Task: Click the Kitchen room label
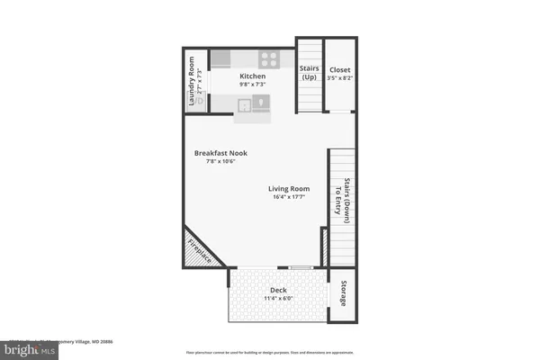[x=252, y=77]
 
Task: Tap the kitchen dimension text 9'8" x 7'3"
[x=252, y=86]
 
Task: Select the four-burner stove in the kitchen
[x=271, y=58]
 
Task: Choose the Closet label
[x=340, y=70]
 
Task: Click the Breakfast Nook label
[x=220, y=153]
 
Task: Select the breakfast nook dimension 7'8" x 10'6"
[x=220, y=162]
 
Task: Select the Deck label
[x=277, y=290]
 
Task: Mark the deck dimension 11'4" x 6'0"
[x=277, y=299]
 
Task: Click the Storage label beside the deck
[x=343, y=294]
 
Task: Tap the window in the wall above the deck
[x=300, y=267]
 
